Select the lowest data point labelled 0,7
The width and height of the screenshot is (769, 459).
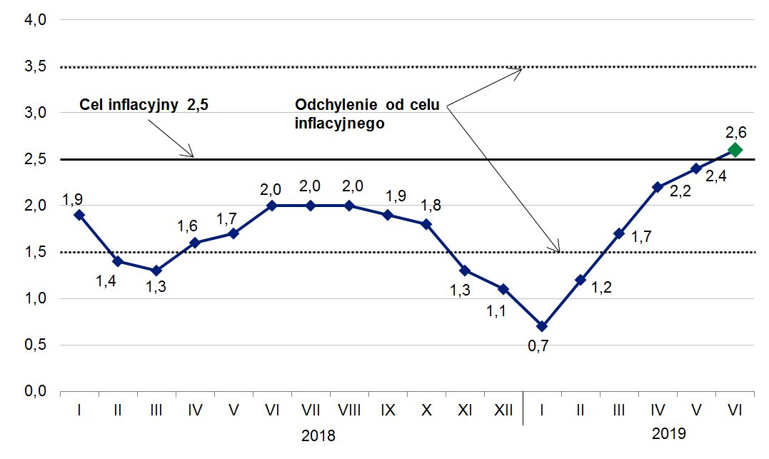pyautogui.click(x=541, y=326)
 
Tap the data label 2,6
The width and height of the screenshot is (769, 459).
pyautogui.click(x=735, y=132)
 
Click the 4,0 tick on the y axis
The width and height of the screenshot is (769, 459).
pyautogui.click(x=35, y=21)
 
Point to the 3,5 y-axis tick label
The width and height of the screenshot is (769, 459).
pyautogui.click(x=35, y=67)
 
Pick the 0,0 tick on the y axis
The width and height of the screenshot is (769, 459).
pyautogui.click(x=35, y=391)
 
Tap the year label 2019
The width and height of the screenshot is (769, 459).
pyautogui.click(x=669, y=433)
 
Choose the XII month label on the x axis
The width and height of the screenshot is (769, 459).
pyautogui.click(x=503, y=410)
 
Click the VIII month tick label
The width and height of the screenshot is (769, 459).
pyautogui.click(x=348, y=410)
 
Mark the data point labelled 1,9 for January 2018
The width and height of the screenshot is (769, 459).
pyautogui.click(x=79, y=215)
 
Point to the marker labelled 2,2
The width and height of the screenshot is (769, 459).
pyautogui.click(x=657, y=187)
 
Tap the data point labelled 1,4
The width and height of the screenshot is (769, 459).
pyautogui.click(x=118, y=261)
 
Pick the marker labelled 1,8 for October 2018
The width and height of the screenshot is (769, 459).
pyautogui.click(x=426, y=224)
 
